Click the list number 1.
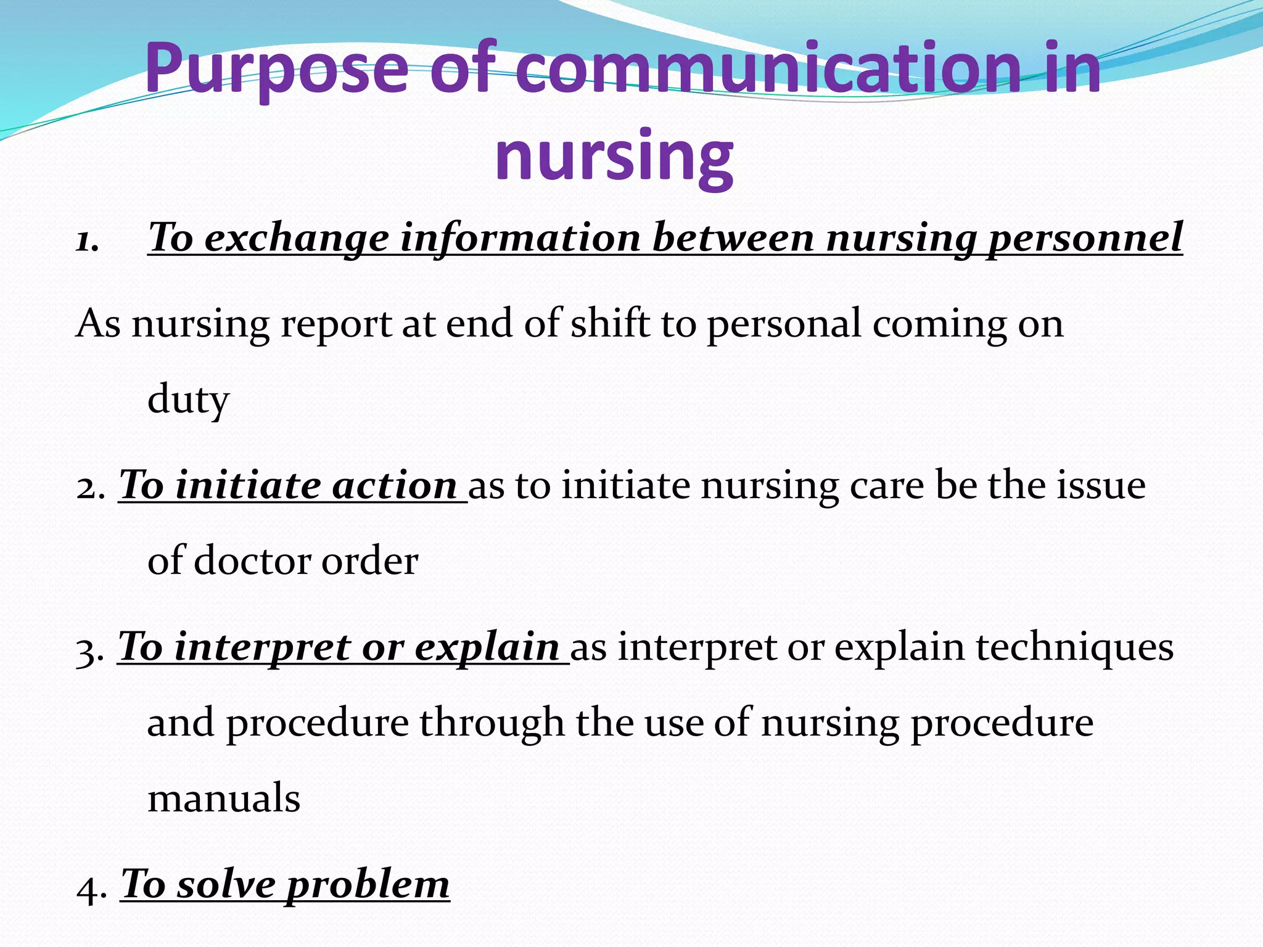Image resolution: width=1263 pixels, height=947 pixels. click(87, 240)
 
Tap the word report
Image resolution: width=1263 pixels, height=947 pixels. click(336, 325)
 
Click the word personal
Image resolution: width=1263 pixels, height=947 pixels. click(783, 325)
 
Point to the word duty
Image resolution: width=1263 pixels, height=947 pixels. click(188, 400)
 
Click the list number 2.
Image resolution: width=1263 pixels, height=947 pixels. click(90, 487)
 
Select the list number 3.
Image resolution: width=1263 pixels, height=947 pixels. click(90, 650)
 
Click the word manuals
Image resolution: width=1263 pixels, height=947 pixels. click(224, 798)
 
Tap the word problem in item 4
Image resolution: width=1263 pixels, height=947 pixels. click(368, 886)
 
